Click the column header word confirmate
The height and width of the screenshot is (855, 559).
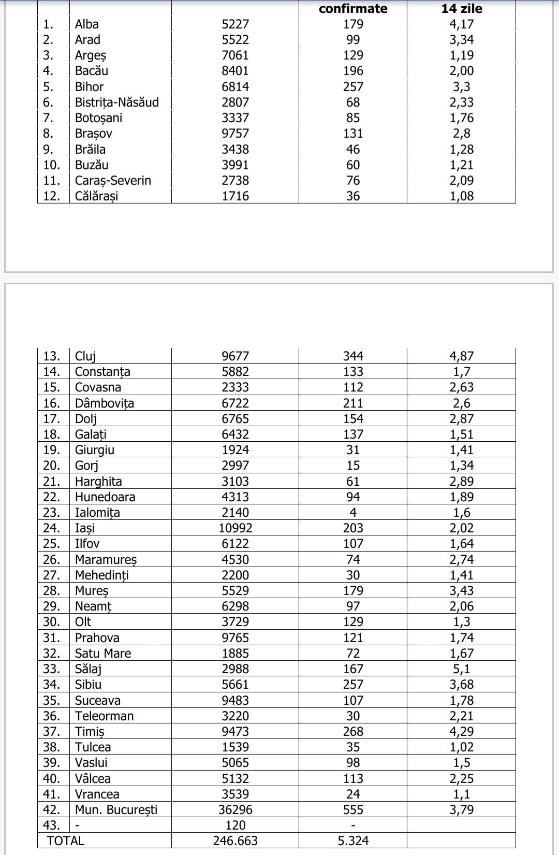click(x=353, y=9)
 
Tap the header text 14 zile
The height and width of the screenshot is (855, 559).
click(x=461, y=9)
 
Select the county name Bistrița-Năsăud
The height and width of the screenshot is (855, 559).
click(x=116, y=103)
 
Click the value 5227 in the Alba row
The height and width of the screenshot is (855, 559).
click(x=235, y=24)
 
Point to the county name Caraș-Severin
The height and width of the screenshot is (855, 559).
click(x=113, y=181)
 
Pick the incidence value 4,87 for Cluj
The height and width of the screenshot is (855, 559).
click(x=461, y=356)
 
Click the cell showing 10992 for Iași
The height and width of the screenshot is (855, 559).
click(x=235, y=528)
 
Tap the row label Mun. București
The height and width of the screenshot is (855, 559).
click(x=116, y=810)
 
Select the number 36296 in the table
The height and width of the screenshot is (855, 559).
click(x=235, y=810)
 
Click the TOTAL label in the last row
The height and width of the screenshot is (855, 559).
click(x=65, y=841)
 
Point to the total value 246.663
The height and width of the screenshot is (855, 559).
click(x=235, y=841)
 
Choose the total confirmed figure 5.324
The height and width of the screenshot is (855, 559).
click(x=353, y=841)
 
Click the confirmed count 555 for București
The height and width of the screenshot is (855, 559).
click(x=353, y=810)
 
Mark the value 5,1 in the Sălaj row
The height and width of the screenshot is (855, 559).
click(x=461, y=669)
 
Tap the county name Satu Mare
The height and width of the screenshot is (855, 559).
click(x=102, y=654)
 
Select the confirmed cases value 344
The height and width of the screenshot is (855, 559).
click(x=353, y=356)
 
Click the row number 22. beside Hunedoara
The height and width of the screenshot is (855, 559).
click(x=52, y=497)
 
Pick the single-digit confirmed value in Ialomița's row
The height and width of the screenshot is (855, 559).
click(x=353, y=513)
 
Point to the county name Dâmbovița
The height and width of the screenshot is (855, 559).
click(x=104, y=403)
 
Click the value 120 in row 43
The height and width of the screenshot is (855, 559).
click(x=235, y=825)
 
